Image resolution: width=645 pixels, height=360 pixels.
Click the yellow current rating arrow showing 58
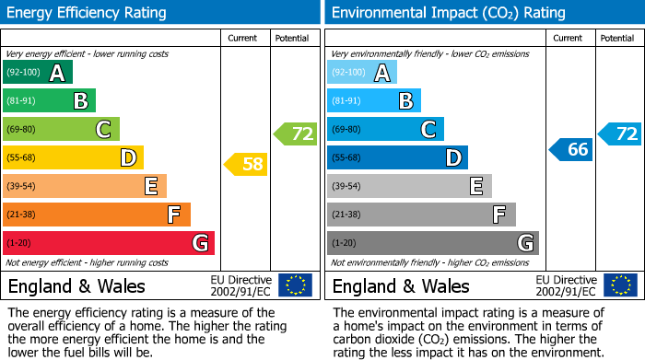tap(246, 165)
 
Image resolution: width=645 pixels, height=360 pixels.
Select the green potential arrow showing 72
tap(296, 134)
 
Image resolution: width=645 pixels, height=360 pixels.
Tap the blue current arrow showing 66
tap(570, 149)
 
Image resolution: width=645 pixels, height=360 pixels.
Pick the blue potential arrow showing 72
tap(620, 134)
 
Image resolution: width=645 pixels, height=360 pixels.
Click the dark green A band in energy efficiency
tap(38, 73)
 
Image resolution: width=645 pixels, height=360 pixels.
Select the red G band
tap(109, 243)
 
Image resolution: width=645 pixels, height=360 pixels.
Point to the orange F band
tap(97, 215)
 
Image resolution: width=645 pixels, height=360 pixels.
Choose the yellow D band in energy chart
tap(73, 157)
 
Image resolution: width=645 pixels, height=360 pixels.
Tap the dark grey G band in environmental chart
tap(432, 243)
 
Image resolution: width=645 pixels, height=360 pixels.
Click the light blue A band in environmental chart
tap(362, 73)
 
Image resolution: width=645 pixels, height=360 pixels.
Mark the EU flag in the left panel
tap(295, 285)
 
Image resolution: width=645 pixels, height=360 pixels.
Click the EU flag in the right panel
tap(619, 285)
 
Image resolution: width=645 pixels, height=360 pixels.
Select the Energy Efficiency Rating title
tap(88, 13)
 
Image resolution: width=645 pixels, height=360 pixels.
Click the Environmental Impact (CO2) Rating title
tap(448, 13)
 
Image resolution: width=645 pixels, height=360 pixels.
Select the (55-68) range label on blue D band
tap(347, 158)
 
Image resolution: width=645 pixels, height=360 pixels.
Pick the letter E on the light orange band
tap(151, 186)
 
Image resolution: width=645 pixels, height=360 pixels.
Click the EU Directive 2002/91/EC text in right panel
tap(566, 285)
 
